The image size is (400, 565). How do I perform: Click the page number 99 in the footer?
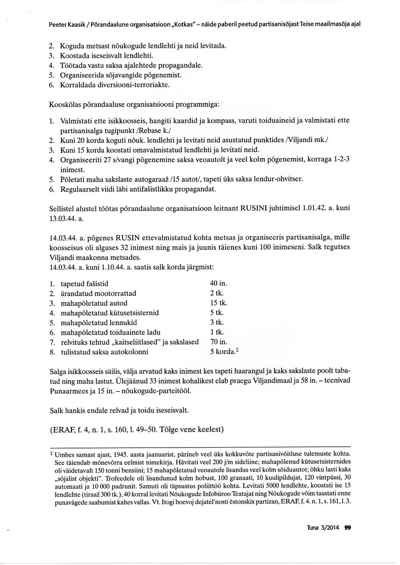point(347,527)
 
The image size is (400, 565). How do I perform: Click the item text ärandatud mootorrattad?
point(98,294)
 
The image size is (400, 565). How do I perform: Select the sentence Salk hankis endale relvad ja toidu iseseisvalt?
point(119,411)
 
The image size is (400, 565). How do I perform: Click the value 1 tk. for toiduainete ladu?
point(217,332)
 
